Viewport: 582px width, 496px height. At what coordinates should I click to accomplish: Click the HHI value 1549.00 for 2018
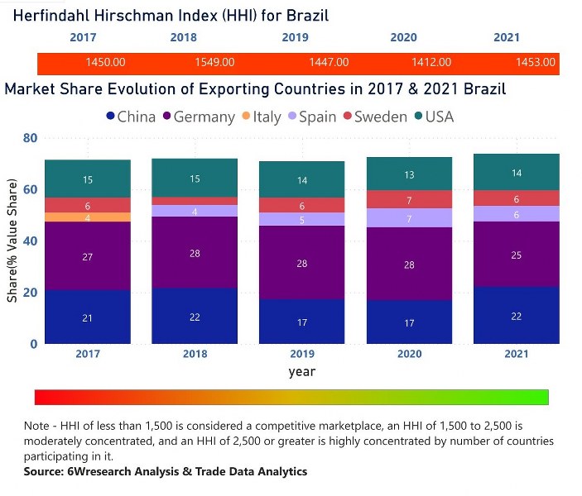214,63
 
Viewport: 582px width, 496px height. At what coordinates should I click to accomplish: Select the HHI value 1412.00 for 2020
431,63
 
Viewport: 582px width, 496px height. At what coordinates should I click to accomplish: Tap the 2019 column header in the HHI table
295,38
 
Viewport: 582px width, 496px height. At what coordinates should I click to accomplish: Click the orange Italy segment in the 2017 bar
88,217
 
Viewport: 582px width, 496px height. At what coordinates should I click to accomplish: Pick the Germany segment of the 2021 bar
517,255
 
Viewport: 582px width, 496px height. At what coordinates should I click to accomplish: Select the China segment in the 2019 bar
302,322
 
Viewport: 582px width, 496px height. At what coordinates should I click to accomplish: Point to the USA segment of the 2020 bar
410,174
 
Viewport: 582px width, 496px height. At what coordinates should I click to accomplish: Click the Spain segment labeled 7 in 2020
410,218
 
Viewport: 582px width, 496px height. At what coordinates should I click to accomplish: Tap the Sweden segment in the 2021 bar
517,198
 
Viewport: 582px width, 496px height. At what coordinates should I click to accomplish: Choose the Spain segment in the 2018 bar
195,211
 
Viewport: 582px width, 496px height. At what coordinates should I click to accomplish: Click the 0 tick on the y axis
33,344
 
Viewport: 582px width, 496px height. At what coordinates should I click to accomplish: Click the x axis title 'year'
301,372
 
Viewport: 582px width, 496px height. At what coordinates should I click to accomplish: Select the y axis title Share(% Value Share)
12,241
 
